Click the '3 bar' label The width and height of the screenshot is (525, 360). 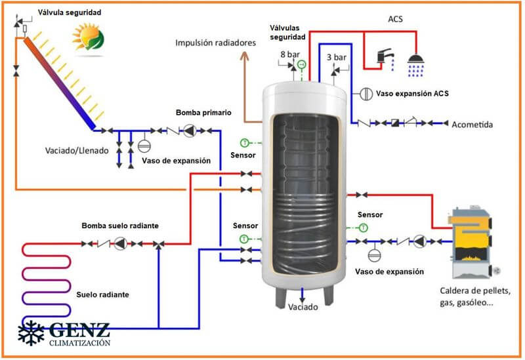point(336,57)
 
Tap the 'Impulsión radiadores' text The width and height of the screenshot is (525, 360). point(215,43)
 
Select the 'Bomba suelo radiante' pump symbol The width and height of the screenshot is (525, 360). point(120,243)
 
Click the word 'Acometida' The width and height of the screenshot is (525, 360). point(472,124)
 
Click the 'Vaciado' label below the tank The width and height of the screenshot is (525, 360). point(303,307)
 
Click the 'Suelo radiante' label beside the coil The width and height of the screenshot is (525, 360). point(102,295)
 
